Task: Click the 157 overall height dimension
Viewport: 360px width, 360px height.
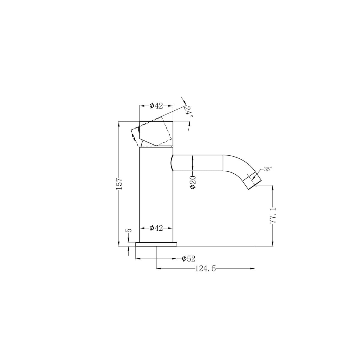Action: tap(119, 184)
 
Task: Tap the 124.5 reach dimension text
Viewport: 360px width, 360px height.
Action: tap(205, 268)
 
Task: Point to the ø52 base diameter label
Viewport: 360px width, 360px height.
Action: tap(188, 258)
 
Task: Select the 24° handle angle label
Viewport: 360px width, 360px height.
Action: tap(188, 112)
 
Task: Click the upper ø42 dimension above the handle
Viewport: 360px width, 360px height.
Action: tap(156, 106)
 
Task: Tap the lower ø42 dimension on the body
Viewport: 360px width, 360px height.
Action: tap(156, 228)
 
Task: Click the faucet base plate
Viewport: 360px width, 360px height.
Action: tap(156, 244)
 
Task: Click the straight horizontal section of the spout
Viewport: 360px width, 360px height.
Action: tap(198, 163)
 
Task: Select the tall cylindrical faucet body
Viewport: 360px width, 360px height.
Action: tap(156, 195)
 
